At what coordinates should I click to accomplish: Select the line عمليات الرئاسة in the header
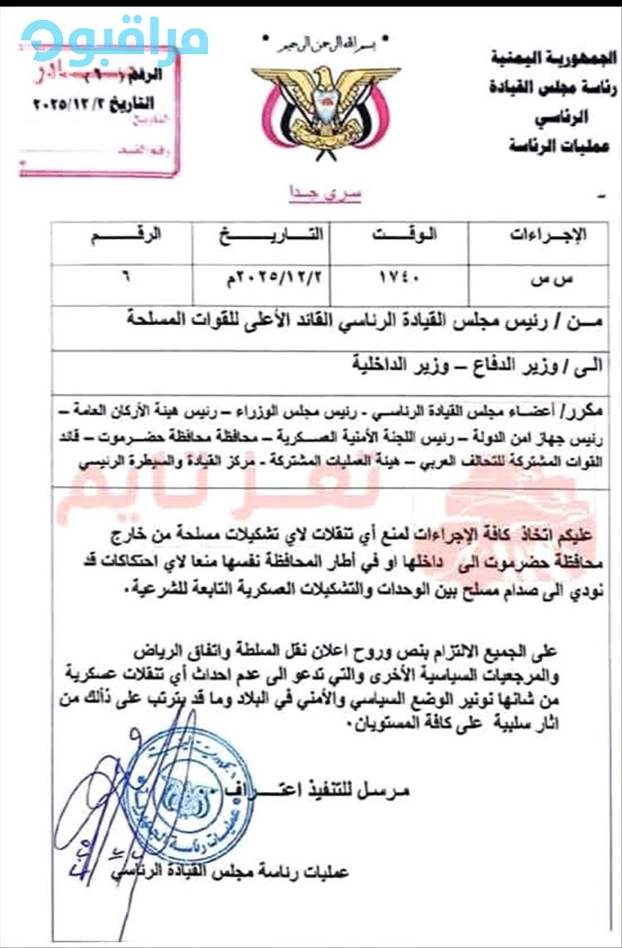pyautogui.click(x=559, y=146)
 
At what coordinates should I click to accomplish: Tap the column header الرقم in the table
pyautogui.click(x=120, y=236)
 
